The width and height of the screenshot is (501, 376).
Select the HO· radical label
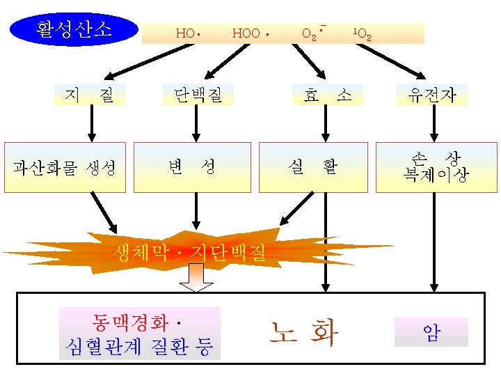188,33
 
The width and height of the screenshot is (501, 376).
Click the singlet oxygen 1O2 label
362,33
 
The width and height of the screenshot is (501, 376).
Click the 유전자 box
432,95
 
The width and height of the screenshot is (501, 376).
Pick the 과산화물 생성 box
66,167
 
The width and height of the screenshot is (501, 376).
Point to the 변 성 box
191,167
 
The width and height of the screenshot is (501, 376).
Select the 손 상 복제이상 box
436,166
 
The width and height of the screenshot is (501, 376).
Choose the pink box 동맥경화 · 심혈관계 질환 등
139,334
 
